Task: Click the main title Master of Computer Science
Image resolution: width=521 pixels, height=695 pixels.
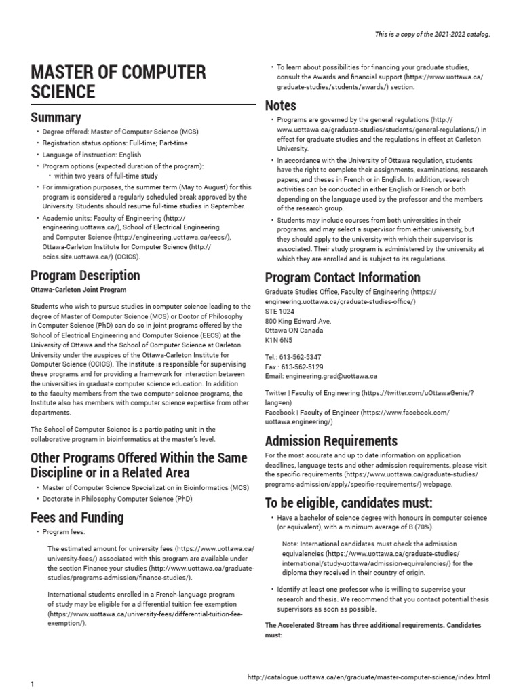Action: click(118, 81)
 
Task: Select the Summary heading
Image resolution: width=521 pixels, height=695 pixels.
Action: click(56, 117)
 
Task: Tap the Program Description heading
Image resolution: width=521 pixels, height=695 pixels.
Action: click(85, 276)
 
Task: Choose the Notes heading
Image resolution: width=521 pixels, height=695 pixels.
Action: click(280, 105)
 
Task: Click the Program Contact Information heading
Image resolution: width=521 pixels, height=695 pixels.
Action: click(342, 277)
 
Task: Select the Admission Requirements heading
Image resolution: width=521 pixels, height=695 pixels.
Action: click(331, 440)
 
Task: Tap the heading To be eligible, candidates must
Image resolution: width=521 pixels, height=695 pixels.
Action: click(348, 502)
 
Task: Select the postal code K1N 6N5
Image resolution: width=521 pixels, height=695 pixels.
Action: click(279, 339)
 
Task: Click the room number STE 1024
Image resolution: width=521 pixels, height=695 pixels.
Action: click(280, 311)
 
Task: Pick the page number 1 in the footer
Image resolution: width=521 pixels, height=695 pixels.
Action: click(32, 684)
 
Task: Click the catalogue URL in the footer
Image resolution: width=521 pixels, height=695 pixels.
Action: click(368, 677)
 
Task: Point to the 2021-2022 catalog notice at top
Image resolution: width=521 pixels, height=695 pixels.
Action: click(431, 34)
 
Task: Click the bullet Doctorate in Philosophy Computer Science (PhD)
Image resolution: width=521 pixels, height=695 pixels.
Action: click(117, 499)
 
